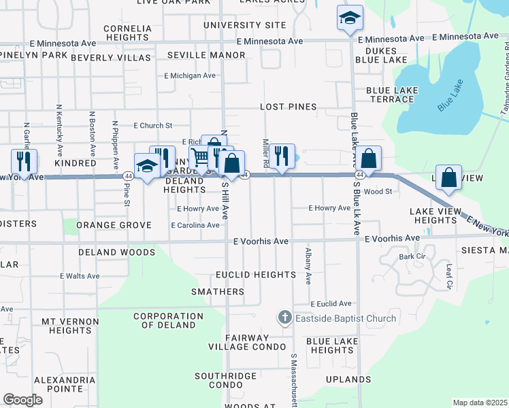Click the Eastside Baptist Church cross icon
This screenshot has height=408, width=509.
click(x=284, y=318)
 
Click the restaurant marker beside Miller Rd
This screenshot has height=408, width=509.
click(x=282, y=156)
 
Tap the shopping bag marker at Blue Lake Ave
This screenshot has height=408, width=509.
click(x=368, y=158)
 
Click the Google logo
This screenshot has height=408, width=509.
click(x=23, y=400)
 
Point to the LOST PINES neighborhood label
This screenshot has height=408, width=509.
click(x=289, y=107)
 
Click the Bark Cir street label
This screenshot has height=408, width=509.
click(x=411, y=256)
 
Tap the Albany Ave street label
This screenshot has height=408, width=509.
click(x=308, y=266)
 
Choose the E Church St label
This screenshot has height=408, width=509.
click(x=153, y=126)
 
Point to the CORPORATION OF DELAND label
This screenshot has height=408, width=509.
click(x=168, y=320)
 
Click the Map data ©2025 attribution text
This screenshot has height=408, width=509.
click(x=480, y=403)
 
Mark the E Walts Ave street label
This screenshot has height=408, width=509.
click(x=80, y=276)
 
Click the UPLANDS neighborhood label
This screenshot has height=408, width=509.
click(x=348, y=379)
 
